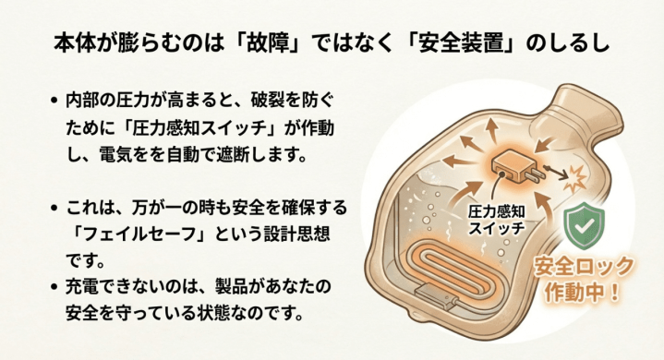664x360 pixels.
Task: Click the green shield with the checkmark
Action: click(585, 225)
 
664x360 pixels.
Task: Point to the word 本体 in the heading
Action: click(75, 43)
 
